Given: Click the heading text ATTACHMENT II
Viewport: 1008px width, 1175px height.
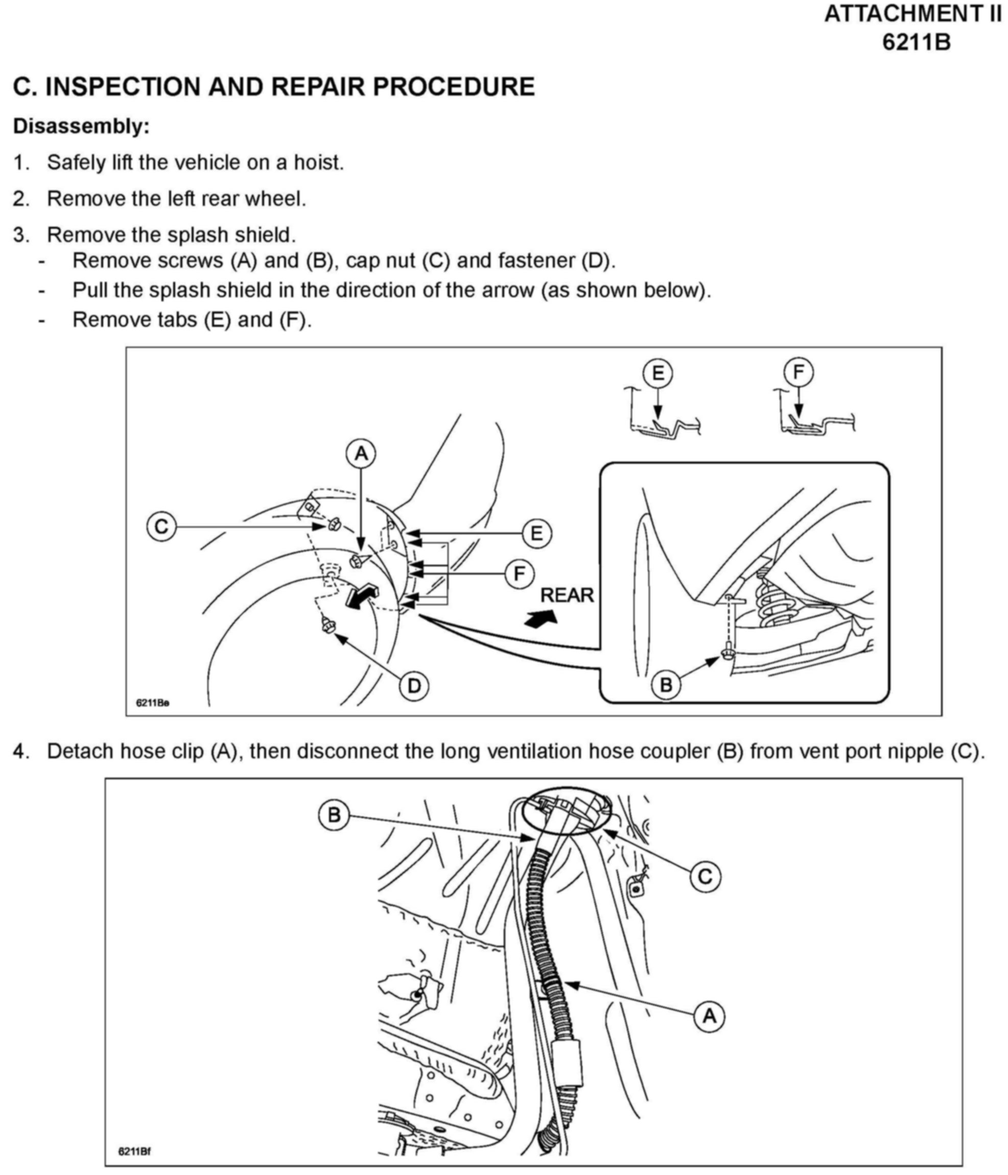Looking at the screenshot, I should pos(912,14).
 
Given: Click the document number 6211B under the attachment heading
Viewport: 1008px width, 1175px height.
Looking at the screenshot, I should pos(916,42).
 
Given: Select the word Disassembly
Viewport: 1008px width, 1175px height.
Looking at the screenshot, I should pos(81,126).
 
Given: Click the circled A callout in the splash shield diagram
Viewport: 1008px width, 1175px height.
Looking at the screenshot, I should pos(361,453).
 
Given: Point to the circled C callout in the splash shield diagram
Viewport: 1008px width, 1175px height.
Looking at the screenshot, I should pos(161,527).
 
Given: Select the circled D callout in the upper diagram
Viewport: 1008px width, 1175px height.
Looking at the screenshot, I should pos(414,686).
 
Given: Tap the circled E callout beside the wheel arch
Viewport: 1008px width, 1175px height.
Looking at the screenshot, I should pos(536,534).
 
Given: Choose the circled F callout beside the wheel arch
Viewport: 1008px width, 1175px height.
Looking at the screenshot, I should pos(520,574).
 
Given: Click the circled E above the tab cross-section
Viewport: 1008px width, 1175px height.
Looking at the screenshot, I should pos(658,373).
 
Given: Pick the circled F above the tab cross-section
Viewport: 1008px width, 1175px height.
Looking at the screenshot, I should pos(798,373).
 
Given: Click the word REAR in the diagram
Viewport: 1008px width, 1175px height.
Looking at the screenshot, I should pos(567,595).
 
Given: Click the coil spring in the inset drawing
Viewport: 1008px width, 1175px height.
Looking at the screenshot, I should pos(772,601).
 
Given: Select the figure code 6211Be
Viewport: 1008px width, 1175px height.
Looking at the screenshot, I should pos(152,703).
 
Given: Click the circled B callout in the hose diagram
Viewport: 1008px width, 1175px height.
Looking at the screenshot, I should pos(334,815).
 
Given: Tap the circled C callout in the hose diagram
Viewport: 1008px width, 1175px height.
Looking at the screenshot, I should pos(705,877).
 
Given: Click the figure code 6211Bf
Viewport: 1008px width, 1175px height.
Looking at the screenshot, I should pos(134,1151).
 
